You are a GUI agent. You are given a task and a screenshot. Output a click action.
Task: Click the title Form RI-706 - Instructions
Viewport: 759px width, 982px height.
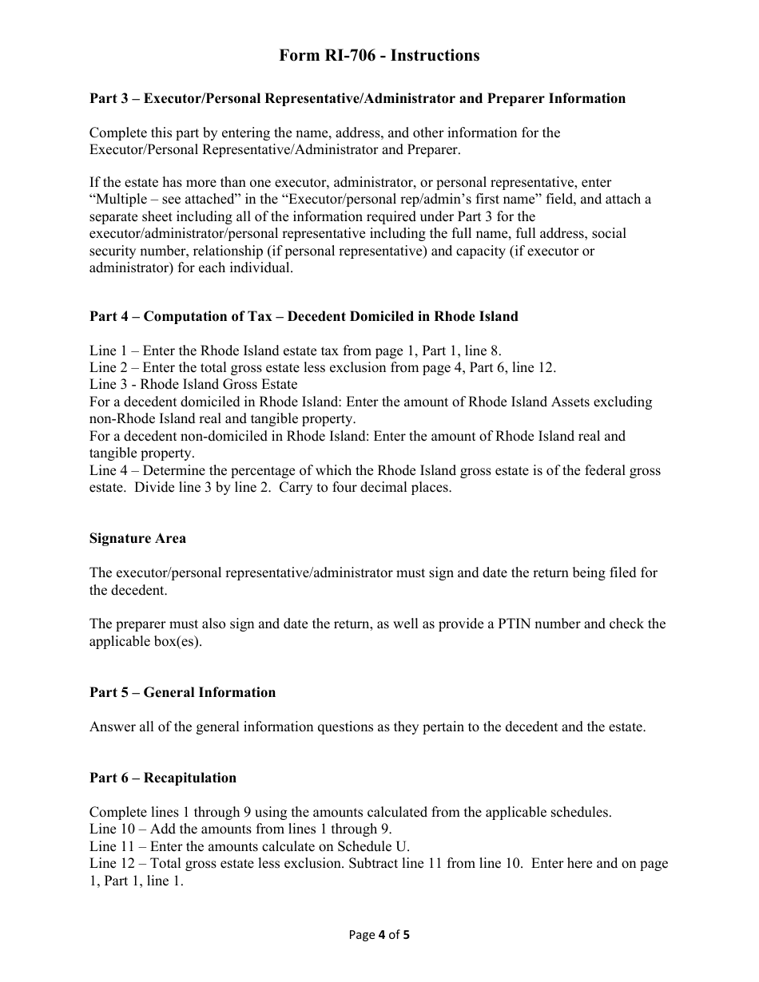[x=379, y=55]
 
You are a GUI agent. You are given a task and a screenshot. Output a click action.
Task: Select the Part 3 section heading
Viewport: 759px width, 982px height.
[x=357, y=98]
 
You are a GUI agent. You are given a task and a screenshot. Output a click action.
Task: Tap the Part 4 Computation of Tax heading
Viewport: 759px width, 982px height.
[x=304, y=316]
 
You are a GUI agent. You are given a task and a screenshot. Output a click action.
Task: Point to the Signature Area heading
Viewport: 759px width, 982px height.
[x=137, y=538]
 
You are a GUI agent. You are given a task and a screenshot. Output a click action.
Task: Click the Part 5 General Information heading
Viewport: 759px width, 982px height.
[x=182, y=692]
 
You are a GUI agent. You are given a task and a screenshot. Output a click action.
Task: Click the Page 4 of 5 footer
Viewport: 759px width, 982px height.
[x=379, y=935]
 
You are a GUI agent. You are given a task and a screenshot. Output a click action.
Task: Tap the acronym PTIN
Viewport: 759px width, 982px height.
[x=534, y=624]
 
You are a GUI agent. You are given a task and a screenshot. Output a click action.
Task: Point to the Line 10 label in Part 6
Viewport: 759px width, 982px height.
[x=113, y=830]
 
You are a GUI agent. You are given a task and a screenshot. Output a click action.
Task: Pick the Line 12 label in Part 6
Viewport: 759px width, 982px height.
[x=113, y=863]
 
